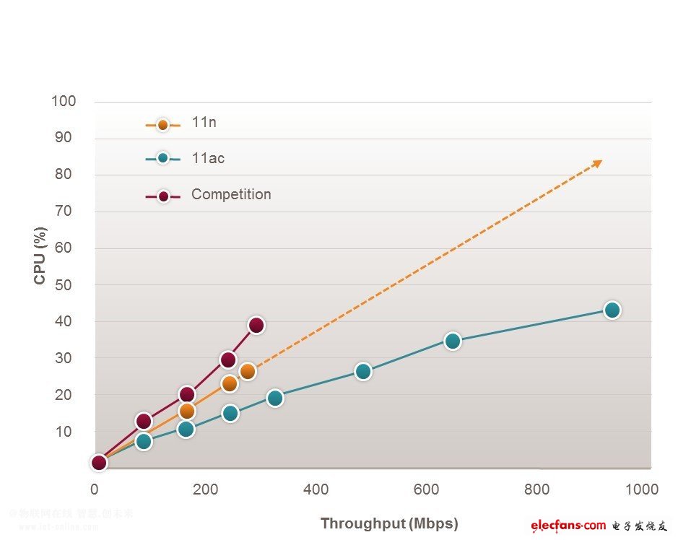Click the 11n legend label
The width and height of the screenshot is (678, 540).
[x=204, y=123]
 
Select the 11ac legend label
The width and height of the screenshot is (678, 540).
[x=208, y=158]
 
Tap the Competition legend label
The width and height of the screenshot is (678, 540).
[x=231, y=194]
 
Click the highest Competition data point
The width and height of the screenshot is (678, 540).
[x=256, y=325]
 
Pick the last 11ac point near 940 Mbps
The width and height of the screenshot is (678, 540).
[x=612, y=310]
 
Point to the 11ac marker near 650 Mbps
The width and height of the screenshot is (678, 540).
[x=453, y=341]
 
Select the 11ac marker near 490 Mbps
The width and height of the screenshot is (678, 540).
[x=363, y=371]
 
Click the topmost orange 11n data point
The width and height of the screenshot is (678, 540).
[x=248, y=372]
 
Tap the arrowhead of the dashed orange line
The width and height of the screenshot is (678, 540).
[x=597, y=162]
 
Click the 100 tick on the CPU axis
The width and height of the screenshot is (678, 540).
[x=64, y=101]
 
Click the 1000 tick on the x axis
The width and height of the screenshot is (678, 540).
[x=641, y=489]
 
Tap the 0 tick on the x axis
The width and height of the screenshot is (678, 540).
[x=95, y=489]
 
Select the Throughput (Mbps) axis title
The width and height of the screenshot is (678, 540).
[x=389, y=523]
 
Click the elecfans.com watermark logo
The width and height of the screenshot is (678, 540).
[x=568, y=525]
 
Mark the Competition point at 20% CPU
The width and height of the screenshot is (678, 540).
[x=187, y=394]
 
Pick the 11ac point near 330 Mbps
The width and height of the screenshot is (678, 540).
[x=274, y=398]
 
